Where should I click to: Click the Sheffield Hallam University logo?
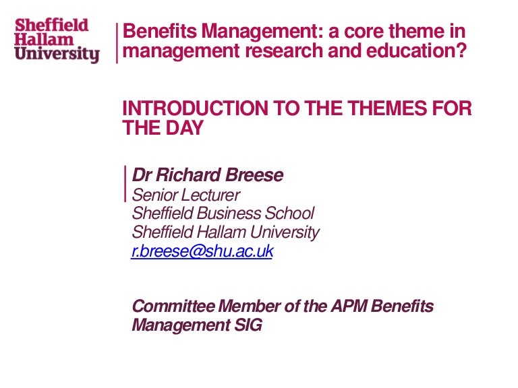57,40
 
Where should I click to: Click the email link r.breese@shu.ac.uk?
202,251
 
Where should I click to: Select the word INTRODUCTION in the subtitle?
195,108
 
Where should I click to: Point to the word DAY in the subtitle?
184,128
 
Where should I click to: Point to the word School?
289,213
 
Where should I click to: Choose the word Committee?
173,306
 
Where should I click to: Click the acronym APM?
349,306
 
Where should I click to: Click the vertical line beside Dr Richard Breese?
125,184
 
